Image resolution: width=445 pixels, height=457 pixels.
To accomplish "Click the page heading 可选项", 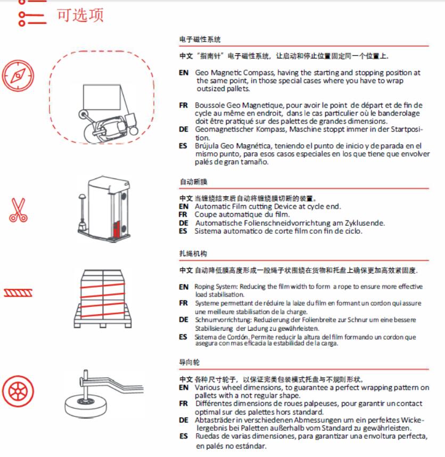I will (80, 15).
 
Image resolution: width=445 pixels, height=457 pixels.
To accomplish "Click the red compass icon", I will (18, 75).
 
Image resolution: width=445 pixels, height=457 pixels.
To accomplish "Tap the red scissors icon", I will (18, 209).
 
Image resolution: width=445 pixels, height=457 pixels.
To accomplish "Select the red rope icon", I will (18, 292).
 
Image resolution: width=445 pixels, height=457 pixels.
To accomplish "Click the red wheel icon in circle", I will (18, 391).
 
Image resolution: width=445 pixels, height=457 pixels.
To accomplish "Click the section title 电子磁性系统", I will (200, 39).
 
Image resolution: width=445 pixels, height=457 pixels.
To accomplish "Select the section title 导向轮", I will (189, 362).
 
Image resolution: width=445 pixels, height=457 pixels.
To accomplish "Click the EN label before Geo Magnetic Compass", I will (184, 72).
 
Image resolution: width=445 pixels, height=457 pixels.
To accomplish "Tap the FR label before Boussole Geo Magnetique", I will (183, 105).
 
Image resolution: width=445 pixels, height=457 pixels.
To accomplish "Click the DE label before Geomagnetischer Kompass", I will (183, 129).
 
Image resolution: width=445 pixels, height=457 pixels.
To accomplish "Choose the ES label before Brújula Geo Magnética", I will (183, 145).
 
